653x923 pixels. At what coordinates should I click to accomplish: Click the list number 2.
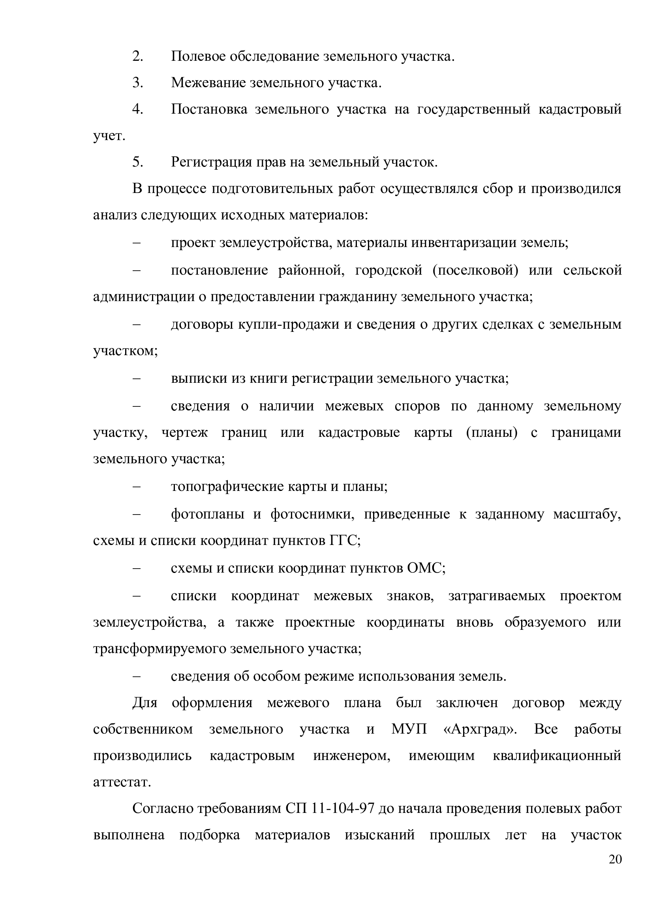coord(137,56)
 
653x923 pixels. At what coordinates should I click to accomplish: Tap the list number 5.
coord(137,162)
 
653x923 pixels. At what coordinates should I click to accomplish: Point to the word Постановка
coord(209,109)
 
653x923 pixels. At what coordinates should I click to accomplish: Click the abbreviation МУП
coord(409,729)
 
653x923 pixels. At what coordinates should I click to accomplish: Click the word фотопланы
coord(208,514)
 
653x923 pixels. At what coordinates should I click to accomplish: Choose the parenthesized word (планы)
coord(492,432)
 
